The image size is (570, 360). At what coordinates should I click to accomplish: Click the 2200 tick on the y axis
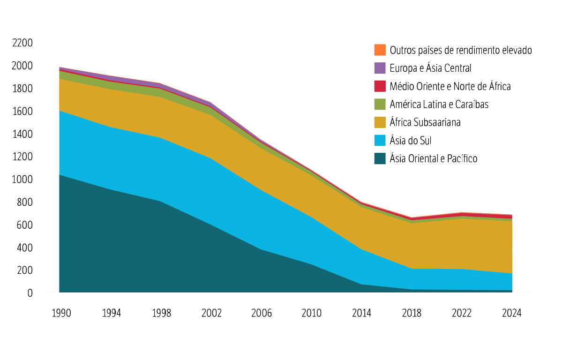coord(22,43)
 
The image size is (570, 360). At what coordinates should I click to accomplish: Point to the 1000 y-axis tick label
coord(22,180)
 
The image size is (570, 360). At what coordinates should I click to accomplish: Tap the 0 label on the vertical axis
coord(30,293)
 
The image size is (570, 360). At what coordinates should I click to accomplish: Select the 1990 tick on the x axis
coord(61,313)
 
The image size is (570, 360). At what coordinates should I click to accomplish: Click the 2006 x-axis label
coord(262,313)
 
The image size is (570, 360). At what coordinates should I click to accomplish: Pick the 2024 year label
coord(511,313)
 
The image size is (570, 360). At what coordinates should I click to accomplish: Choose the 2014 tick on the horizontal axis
coord(361,313)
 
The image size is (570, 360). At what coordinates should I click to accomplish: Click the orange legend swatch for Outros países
coord(380,50)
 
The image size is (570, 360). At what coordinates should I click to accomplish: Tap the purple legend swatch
coord(380,68)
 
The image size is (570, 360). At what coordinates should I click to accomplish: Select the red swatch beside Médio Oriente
coord(380,86)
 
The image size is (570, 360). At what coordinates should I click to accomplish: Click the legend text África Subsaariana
coord(425,122)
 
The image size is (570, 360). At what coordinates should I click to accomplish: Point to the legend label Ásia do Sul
coord(410,141)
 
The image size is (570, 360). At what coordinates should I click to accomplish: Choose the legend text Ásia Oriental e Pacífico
coord(434,159)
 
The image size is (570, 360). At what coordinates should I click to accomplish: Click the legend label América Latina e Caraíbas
coord(439,105)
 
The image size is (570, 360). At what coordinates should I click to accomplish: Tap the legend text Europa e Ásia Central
coord(430,68)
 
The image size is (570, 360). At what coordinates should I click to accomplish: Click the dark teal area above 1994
coord(112,244)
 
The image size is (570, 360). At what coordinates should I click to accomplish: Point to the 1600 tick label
coord(22,112)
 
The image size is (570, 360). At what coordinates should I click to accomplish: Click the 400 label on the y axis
coord(24,247)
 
